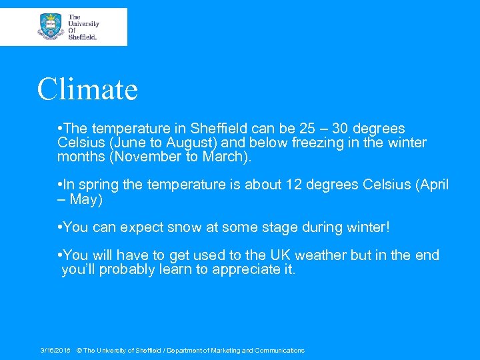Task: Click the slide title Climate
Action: pyautogui.click(x=87, y=89)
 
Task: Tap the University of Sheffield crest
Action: pyautogui.click(x=50, y=27)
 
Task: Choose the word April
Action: pyautogui.click(x=429, y=185)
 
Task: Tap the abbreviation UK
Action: pyautogui.click(x=277, y=255)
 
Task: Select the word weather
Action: pyautogui.click(x=320, y=255)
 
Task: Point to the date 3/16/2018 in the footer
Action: pyautogui.click(x=55, y=351)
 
